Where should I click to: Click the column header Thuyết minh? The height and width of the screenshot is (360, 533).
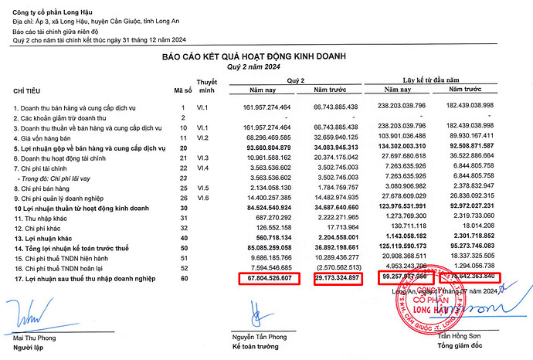206,85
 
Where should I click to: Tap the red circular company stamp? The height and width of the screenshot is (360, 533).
423,305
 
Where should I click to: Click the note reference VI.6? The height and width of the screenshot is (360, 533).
204,198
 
